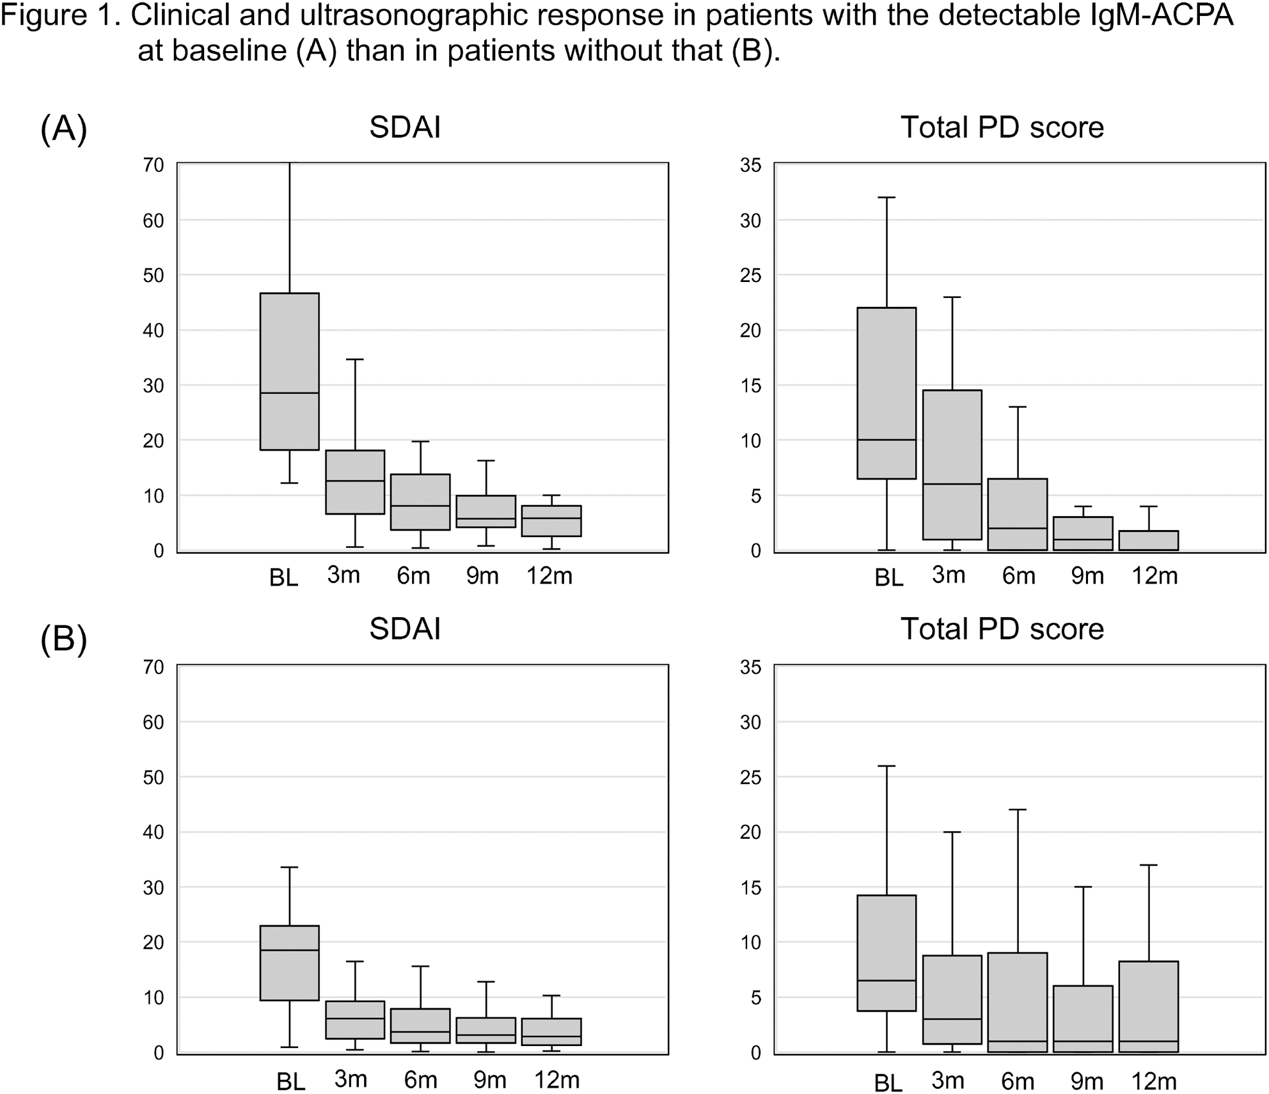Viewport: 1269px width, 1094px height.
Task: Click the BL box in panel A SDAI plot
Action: pos(290,371)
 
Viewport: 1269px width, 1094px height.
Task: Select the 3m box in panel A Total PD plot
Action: pos(952,465)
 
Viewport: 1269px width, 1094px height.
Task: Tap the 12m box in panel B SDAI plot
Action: pos(551,1032)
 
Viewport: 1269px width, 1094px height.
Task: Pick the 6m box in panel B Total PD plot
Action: pos(1018,1002)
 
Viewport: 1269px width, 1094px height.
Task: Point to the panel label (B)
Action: pos(63,639)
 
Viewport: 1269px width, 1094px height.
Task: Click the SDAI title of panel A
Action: pos(405,127)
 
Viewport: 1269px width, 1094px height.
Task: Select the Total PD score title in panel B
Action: pos(1002,629)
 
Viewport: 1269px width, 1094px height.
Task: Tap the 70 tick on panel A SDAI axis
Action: pos(154,165)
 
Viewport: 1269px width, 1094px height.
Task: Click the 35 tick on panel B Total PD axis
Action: pos(751,667)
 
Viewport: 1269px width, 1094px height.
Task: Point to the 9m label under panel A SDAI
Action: pos(482,576)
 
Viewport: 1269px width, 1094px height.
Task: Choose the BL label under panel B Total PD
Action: pos(888,1082)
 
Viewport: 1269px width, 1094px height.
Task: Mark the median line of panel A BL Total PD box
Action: pos(887,440)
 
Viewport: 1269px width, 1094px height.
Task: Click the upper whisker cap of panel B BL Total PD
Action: pos(887,766)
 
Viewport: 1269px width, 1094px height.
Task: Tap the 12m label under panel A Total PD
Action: pos(1155,576)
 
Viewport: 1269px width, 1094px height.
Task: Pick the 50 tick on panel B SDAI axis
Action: pos(154,778)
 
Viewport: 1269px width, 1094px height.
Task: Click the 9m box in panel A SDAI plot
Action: pos(486,511)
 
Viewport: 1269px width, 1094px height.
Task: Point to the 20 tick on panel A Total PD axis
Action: pos(751,331)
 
